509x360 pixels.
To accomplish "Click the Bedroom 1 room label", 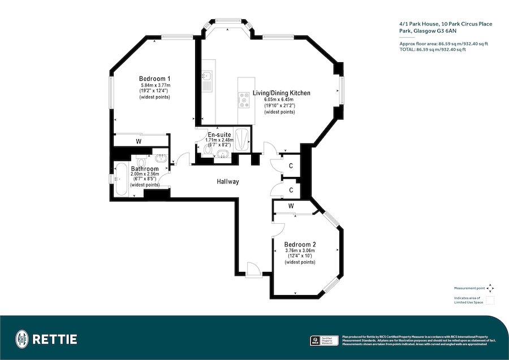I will point(155,79).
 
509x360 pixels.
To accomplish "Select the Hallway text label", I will point(228,182).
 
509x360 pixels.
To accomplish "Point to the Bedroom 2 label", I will point(300,244).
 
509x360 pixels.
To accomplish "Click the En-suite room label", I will point(219,135).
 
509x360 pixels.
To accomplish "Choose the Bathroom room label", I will point(145,168).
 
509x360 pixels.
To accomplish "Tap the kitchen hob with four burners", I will point(244,100).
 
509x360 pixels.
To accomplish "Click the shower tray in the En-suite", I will point(241,140).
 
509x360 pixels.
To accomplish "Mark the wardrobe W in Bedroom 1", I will point(139,141).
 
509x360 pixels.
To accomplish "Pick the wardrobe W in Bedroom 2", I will point(291,206).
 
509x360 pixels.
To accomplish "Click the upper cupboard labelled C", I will point(290,166).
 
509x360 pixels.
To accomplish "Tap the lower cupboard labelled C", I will point(290,190).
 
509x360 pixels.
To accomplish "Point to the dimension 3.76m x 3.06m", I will point(300,250).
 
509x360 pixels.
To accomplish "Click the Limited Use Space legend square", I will point(490,300).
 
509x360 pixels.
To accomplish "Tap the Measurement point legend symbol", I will point(490,287).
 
